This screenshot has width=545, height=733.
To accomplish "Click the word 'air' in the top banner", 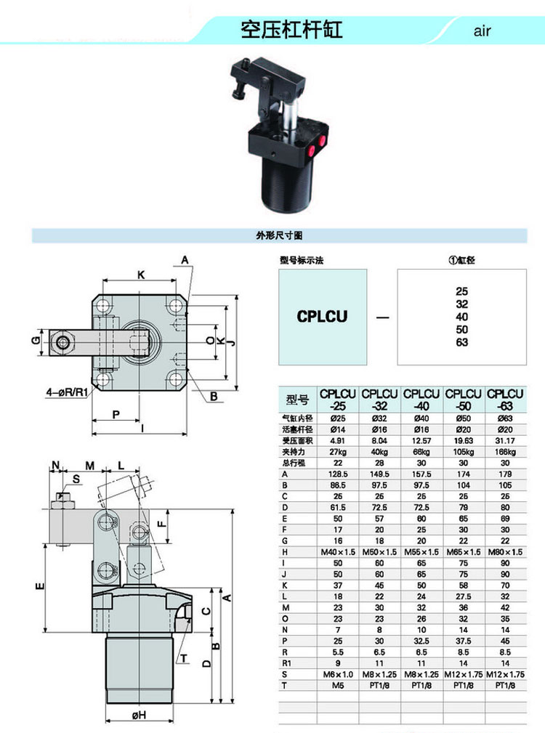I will pyautogui.click(x=483, y=31).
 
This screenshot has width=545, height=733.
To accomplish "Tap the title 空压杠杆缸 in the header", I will pyautogui.click(x=291, y=30).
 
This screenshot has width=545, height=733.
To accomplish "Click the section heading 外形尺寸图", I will pyautogui.click(x=279, y=235).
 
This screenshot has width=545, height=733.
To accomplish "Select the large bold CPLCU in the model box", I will pyautogui.click(x=323, y=317).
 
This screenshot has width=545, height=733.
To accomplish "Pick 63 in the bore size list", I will pyautogui.click(x=462, y=343).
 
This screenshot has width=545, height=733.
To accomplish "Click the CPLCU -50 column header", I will pyautogui.click(x=464, y=400).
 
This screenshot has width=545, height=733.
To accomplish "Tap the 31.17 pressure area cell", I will pyautogui.click(x=506, y=440).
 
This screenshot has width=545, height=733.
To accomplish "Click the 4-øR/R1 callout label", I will pyautogui.click(x=67, y=393).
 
